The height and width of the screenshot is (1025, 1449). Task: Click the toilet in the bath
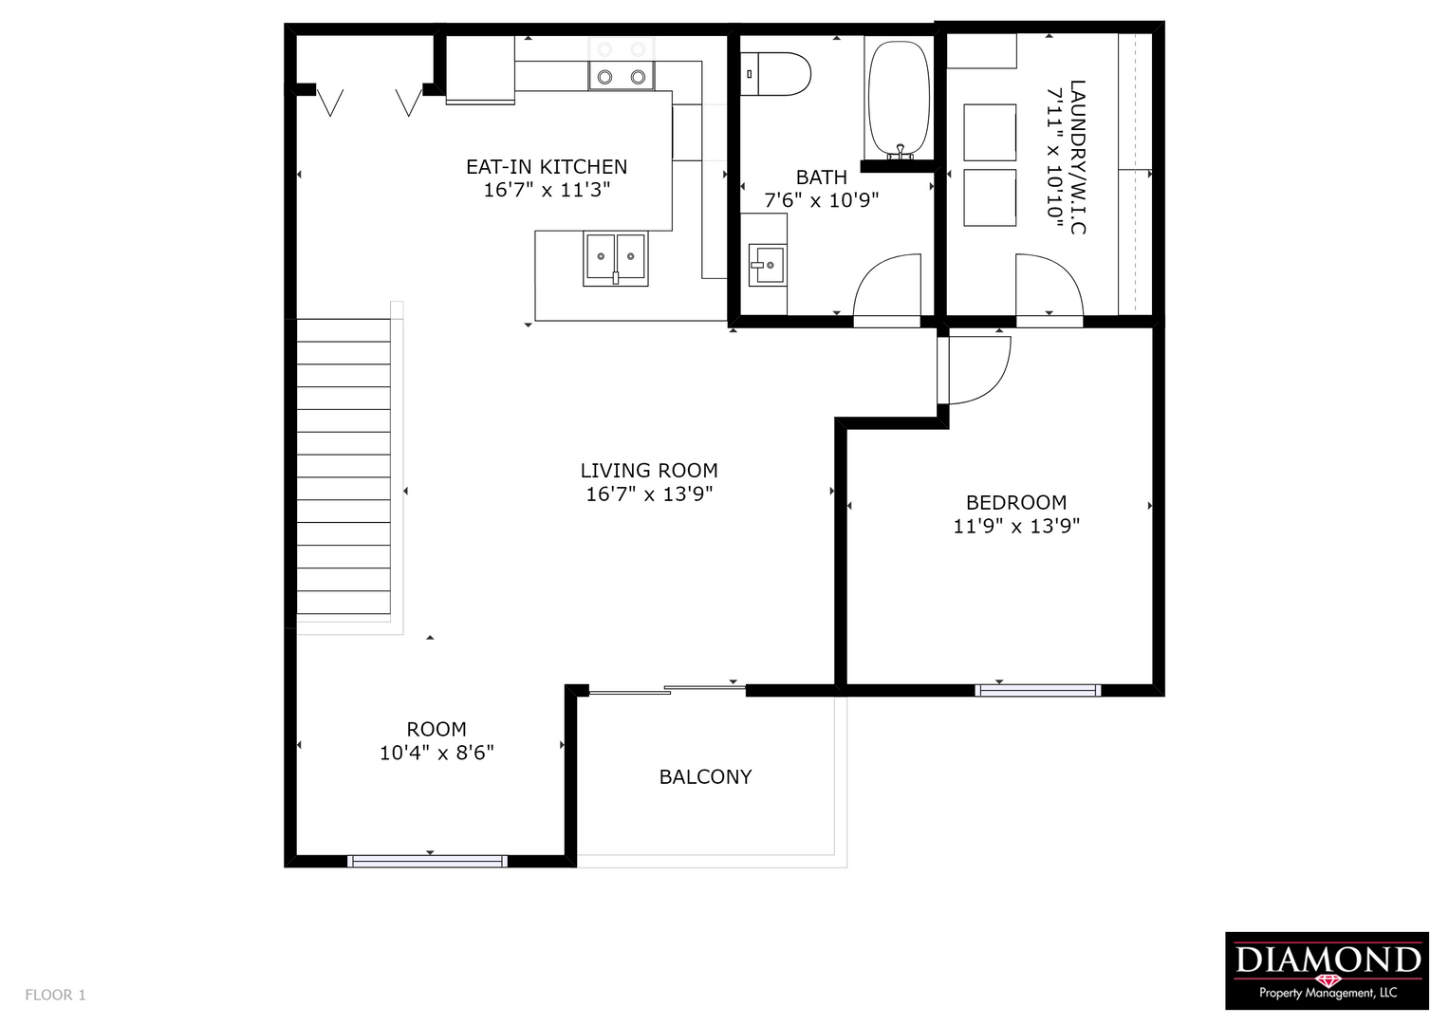click(x=775, y=74)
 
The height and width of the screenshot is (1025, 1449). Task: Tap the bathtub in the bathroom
click(x=899, y=101)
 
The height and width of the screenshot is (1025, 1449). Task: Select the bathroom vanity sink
click(x=767, y=265)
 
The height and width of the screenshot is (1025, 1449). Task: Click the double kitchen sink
click(x=615, y=259)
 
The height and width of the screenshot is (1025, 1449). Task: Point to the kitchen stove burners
click(x=621, y=64)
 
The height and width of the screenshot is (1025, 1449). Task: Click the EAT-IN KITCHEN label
click(x=547, y=167)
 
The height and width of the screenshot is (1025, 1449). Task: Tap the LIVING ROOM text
click(x=649, y=471)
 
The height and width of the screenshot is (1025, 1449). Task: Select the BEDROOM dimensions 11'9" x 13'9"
click(x=1016, y=526)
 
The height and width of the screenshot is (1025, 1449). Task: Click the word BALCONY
click(x=705, y=776)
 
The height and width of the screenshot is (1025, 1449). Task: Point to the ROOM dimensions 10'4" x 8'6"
click(x=437, y=753)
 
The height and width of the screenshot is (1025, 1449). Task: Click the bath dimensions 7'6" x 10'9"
click(x=822, y=200)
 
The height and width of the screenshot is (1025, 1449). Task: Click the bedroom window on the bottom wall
click(x=1037, y=691)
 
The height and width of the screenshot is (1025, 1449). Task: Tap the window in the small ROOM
click(x=427, y=862)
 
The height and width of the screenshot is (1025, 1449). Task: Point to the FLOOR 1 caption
click(x=56, y=995)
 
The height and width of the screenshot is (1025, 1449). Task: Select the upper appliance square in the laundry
click(x=990, y=133)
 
